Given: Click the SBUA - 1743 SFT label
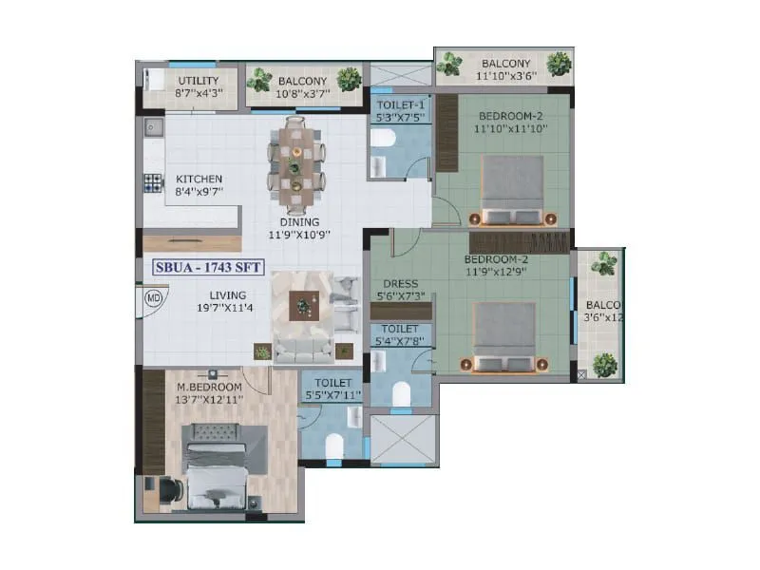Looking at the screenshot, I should pyautogui.click(x=208, y=268).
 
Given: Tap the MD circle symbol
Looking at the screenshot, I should pyautogui.click(x=153, y=297).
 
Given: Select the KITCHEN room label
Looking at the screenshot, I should pyautogui.click(x=199, y=179).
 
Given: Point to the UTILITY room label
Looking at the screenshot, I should pyautogui.click(x=199, y=81).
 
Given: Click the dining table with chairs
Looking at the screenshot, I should pyautogui.click(x=296, y=164).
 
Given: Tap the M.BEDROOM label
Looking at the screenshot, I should pyautogui.click(x=209, y=388).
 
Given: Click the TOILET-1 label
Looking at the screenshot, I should pyautogui.click(x=400, y=104).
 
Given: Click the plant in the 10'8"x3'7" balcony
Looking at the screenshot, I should pyautogui.click(x=349, y=79).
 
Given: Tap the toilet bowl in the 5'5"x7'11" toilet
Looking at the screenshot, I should pyautogui.click(x=332, y=446).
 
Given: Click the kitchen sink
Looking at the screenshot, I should pyautogui.click(x=154, y=125).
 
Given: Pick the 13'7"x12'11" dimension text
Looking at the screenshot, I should pyautogui.click(x=209, y=400).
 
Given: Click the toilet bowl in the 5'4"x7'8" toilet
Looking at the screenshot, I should pyautogui.click(x=400, y=390).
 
